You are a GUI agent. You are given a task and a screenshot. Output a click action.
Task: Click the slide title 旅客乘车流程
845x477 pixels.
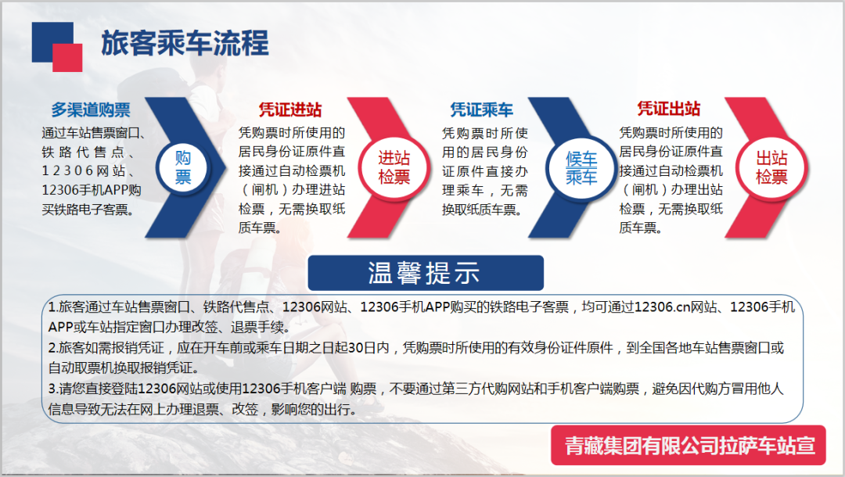(x=185, y=43)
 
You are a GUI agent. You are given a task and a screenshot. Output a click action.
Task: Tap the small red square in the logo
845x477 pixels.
(x=67, y=57)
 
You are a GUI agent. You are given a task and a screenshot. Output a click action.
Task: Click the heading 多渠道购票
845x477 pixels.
(x=91, y=109)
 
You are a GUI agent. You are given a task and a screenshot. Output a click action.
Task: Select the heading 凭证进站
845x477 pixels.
(x=290, y=109)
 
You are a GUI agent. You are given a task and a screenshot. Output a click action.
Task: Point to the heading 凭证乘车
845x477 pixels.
(x=482, y=109)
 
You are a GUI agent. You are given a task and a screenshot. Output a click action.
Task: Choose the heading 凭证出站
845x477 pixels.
(x=669, y=109)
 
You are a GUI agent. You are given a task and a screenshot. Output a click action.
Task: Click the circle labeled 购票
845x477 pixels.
(x=183, y=167)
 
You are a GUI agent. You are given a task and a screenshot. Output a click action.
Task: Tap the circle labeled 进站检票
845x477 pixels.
(x=394, y=167)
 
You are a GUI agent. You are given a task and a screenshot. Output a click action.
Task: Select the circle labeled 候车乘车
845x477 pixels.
(x=581, y=168)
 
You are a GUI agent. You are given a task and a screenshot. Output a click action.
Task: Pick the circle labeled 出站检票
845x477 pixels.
(x=771, y=167)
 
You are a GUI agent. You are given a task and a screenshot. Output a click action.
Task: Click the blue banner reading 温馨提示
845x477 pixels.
(x=426, y=273)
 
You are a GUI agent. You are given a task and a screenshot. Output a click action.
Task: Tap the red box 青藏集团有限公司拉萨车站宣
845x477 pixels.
(x=689, y=445)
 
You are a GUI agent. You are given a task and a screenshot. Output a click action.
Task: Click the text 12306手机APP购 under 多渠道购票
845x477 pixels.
(x=92, y=190)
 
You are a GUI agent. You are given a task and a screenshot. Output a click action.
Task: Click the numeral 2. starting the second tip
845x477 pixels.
(x=53, y=348)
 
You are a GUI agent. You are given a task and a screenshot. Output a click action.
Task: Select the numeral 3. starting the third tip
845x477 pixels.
(x=53, y=389)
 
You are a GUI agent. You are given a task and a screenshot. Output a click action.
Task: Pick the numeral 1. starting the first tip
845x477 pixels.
(x=53, y=307)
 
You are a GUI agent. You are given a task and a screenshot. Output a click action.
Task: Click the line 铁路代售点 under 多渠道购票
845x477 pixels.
(x=83, y=152)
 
